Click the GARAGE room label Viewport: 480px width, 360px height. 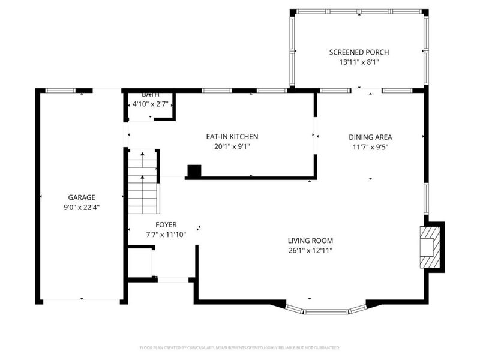pyautogui.click(x=81, y=197)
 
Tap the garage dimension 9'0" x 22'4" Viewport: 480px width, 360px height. pyautogui.click(x=81, y=207)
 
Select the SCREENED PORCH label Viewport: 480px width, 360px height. pyautogui.click(x=359, y=52)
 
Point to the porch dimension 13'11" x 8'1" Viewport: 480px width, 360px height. pyautogui.click(x=359, y=62)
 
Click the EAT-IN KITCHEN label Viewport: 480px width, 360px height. pyautogui.click(x=232, y=137)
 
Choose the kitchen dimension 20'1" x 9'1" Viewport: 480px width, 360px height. pyautogui.click(x=232, y=146)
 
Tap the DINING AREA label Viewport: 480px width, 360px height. pyautogui.click(x=370, y=137)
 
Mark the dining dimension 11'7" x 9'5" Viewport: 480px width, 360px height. pyautogui.click(x=370, y=146)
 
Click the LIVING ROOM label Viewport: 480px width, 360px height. pyautogui.click(x=310, y=241)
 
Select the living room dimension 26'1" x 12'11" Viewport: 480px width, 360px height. pyautogui.click(x=310, y=250)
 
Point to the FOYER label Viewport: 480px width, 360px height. pyautogui.click(x=166, y=224)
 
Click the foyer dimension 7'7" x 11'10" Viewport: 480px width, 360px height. pyautogui.click(x=166, y=234)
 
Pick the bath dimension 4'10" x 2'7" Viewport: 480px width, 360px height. pyautogui.click(x=149, y=104)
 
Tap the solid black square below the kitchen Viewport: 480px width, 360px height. pyautogui.click(x=194, y=172)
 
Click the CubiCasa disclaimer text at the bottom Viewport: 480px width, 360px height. pyautogui.click(x=240, y=347)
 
